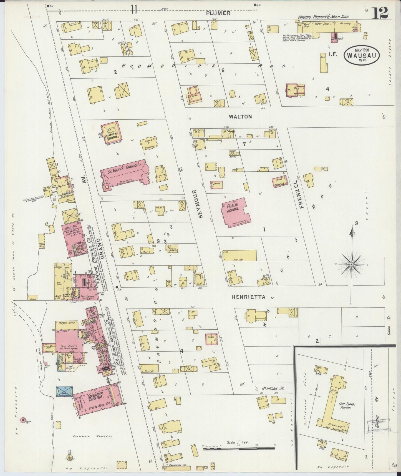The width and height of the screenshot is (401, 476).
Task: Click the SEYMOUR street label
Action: tap(201, 204)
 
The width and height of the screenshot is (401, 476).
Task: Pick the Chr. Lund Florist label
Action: tap(345, 406)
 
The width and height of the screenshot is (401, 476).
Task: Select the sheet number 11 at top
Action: tap(134, 10)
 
